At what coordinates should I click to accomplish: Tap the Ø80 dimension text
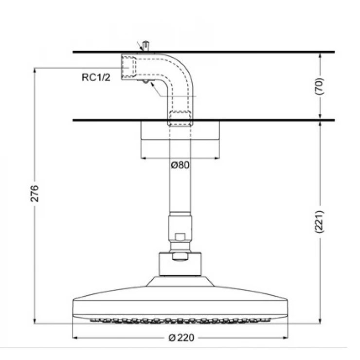point(180,165)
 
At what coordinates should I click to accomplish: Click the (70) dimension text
point(320,86)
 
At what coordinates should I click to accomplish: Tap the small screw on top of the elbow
point(145,47)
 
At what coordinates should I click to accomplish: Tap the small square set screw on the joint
point(180,237)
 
